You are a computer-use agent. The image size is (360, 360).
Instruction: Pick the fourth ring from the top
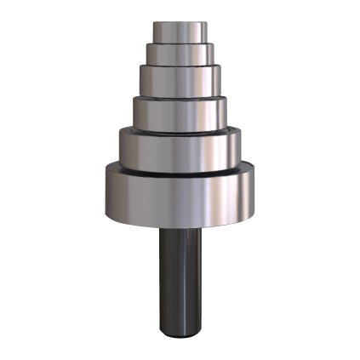point(179,112)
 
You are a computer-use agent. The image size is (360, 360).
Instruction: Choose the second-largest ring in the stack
point(179,150)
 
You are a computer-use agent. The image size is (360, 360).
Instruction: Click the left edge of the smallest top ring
point(155,32)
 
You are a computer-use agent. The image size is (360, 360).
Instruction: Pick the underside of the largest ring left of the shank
point(136,224)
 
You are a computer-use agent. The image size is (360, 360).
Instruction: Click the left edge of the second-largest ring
point(121,149)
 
